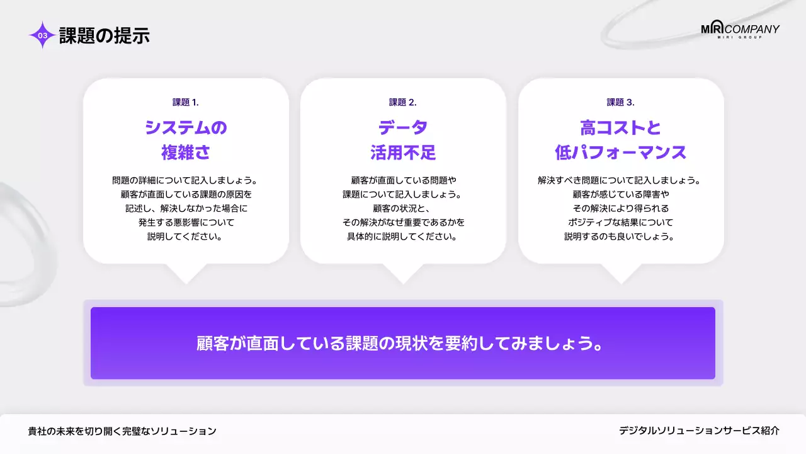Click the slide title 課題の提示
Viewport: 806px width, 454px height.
click(x=105, y=35)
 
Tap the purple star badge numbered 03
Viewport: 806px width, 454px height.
click(x=42, y=35)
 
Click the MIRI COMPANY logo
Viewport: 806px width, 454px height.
click(x=740, y=30)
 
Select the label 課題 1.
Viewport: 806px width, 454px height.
click(x=186, y=102)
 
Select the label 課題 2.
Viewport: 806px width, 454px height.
click(x=403, y=102)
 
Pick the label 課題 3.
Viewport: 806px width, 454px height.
click(x=621, y=102)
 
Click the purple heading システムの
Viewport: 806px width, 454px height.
click(x=186, y=128)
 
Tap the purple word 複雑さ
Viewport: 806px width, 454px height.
click(x=186, y=153)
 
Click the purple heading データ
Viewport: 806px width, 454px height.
click(x=403, y=128)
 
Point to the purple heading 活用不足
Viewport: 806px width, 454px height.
click(x=403, y=153)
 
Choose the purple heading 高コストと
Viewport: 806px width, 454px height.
click(x=621, y=128)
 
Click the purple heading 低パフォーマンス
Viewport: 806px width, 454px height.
click(x=621, y=153)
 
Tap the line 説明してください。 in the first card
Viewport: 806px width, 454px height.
click(x=186, y=237)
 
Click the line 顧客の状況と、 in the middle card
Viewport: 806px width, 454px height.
click(x=403, y=208)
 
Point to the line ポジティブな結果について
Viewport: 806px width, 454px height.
click(x=621, y=223)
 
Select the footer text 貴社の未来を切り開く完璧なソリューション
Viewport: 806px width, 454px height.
click(x=122, y=431)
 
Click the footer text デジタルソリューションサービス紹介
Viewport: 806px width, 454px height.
click(x=699, y=431)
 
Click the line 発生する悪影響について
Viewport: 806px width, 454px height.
click(x=186, y=223)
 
